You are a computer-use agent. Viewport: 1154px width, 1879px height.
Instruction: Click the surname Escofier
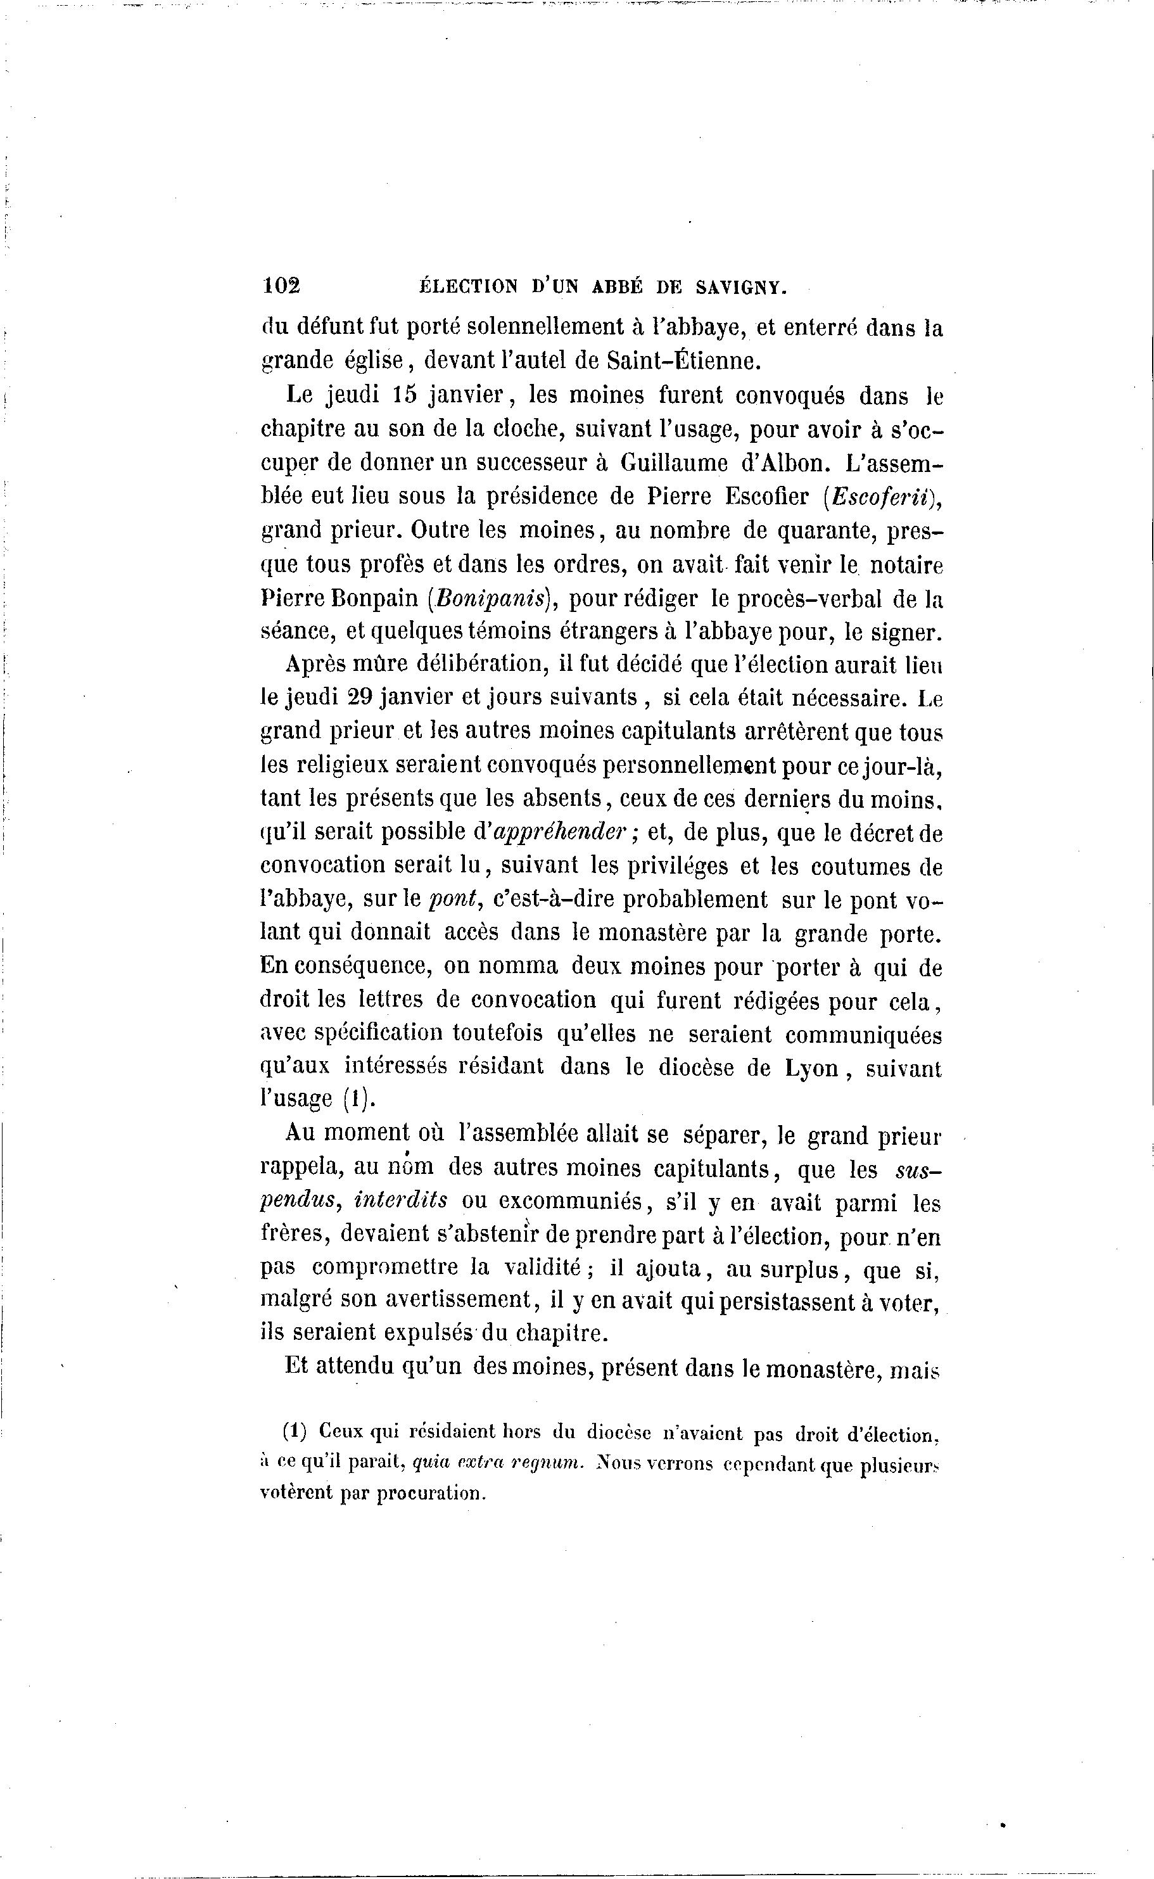pyautogui.click(x=770, y=496)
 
